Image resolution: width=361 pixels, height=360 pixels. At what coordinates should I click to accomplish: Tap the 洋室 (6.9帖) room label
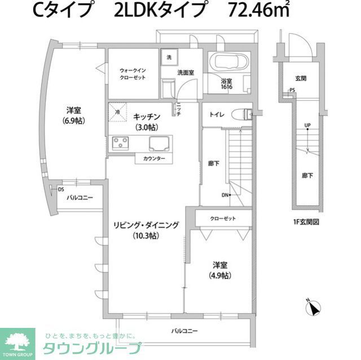pyautogui.click(x=74, y=114)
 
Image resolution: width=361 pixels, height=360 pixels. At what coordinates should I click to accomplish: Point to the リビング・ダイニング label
pyautogui.click(x=146, y=230)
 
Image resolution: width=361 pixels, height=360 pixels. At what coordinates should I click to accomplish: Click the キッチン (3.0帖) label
pyautogui.click(x=147, y=121)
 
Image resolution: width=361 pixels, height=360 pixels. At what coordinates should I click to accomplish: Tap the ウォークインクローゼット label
pyautogui.click(x=133, y=74)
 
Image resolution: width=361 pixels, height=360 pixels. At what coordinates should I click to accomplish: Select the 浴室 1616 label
pyautogui.click(x=227, y=83)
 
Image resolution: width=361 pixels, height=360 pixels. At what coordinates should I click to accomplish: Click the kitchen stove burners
pyautogui.click(x=121, y=143)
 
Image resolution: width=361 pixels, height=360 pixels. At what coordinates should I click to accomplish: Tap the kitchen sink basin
pyautogui.click(x=158, y=143)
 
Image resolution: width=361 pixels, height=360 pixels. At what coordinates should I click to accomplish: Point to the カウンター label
pyautogui.click(x=153, y=159)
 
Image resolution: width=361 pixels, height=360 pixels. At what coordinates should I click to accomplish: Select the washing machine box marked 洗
pyautogui.click(x=168, y=56)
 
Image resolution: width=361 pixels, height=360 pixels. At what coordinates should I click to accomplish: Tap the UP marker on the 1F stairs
pyautogui.click(x=307, y=125)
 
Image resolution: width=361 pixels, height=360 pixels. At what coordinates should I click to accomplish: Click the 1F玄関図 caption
pyautogui.click(x=306, y=222)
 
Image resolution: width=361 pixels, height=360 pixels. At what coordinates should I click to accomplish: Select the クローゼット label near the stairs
pyautogui.click(x=222, y=219)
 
